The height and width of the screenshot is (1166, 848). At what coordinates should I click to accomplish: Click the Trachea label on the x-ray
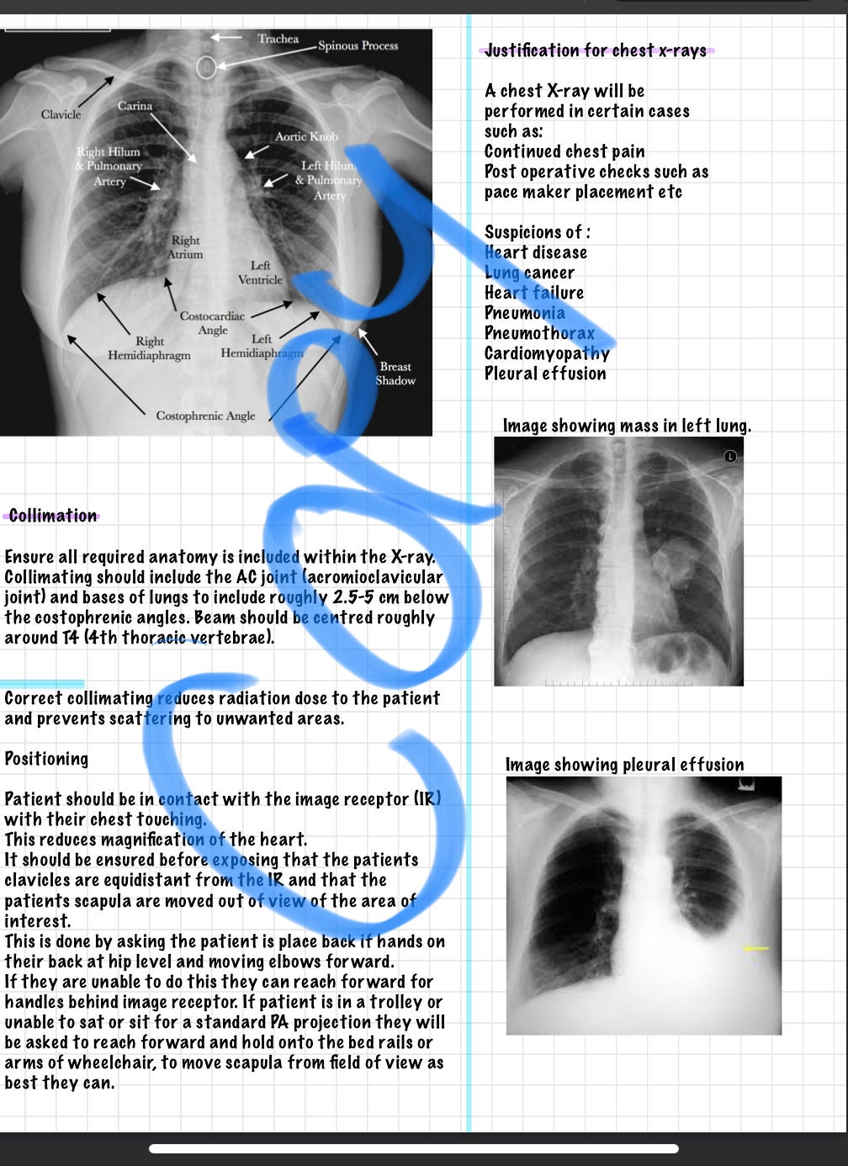pos(278,39)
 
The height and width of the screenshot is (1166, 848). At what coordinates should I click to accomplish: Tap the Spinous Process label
pos(358,45)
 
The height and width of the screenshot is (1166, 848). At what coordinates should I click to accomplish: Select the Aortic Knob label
pos(306,136)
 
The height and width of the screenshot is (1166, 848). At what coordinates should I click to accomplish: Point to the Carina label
pos(135,106)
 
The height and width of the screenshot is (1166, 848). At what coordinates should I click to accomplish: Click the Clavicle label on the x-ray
pos(61,114)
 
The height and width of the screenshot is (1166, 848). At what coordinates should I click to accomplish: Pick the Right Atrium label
pos(185,246)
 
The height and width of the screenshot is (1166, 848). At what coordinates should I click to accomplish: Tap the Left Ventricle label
pos(260,273)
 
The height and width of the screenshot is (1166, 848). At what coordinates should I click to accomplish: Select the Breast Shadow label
pos(395,374)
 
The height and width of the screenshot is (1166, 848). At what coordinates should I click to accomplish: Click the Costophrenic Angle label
pos(205,416)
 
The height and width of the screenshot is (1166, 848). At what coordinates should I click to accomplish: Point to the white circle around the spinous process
pos(206,66)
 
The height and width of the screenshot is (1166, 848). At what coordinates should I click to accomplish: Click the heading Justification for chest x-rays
pos(596,50)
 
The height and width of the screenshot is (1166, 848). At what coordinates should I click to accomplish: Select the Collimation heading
pos(52,516)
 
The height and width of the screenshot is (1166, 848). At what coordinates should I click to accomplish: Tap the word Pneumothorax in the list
pos(539,333)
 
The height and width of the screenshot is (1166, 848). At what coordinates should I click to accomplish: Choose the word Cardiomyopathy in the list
pos(547,353)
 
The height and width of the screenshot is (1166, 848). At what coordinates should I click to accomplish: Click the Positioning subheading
pos(46,759)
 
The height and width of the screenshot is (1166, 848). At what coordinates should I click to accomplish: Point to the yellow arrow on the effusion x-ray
pos(756,949)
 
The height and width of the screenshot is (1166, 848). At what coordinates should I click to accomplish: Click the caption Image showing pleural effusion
pos(624,765)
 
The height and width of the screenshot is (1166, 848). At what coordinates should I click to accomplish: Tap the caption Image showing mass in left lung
pos(627,426)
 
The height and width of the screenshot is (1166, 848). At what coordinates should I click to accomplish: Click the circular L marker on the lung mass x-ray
pos(730,456)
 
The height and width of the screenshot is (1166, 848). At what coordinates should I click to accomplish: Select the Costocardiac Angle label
pos(212,323)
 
